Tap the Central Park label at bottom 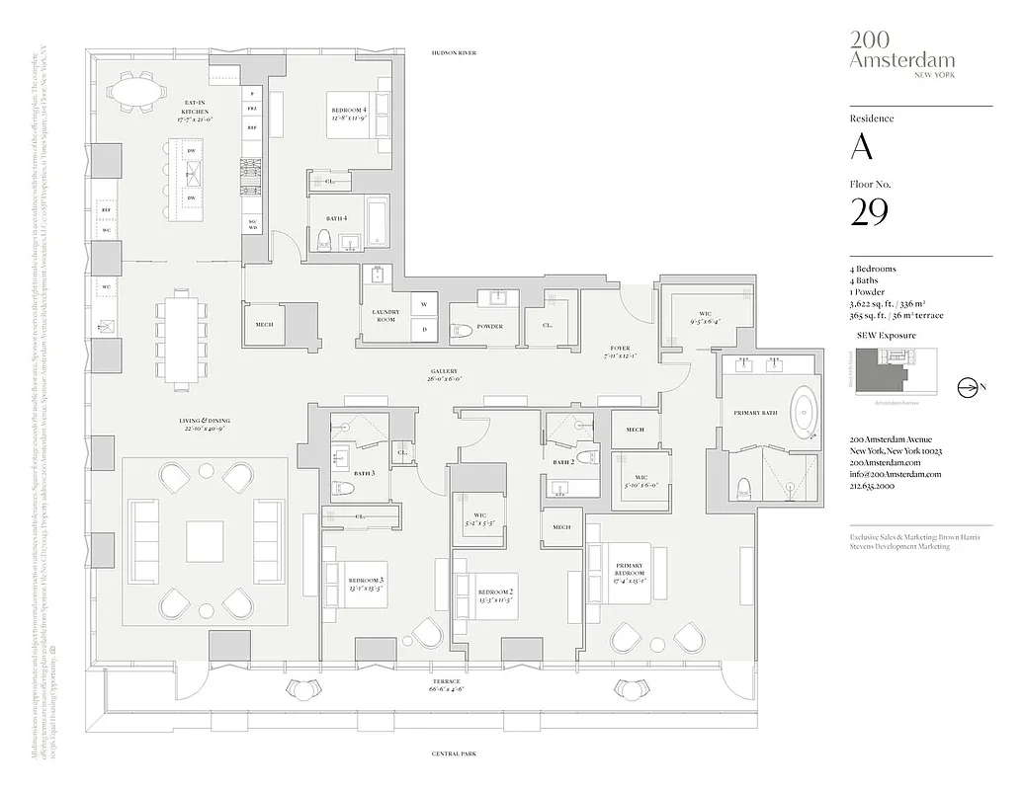point(454,753)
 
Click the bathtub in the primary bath point(808,415)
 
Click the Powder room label point(489,327)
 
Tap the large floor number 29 point(869,211)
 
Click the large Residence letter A point(862,146)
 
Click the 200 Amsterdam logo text point(888,49)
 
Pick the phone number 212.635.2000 point(872,487)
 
